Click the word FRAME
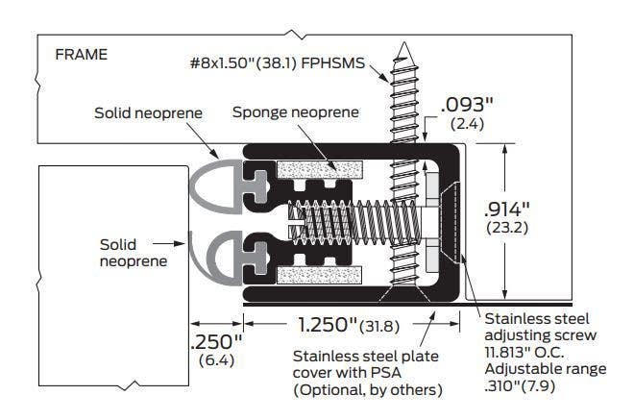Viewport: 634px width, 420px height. click(x=81, y=55)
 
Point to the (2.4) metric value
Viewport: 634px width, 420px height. click(x=468, y=124)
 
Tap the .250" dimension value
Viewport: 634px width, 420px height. click(x=216, y=341)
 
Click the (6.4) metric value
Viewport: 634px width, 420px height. click(x=215, y=360)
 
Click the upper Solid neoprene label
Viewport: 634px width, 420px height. click(x=148, y=112)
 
